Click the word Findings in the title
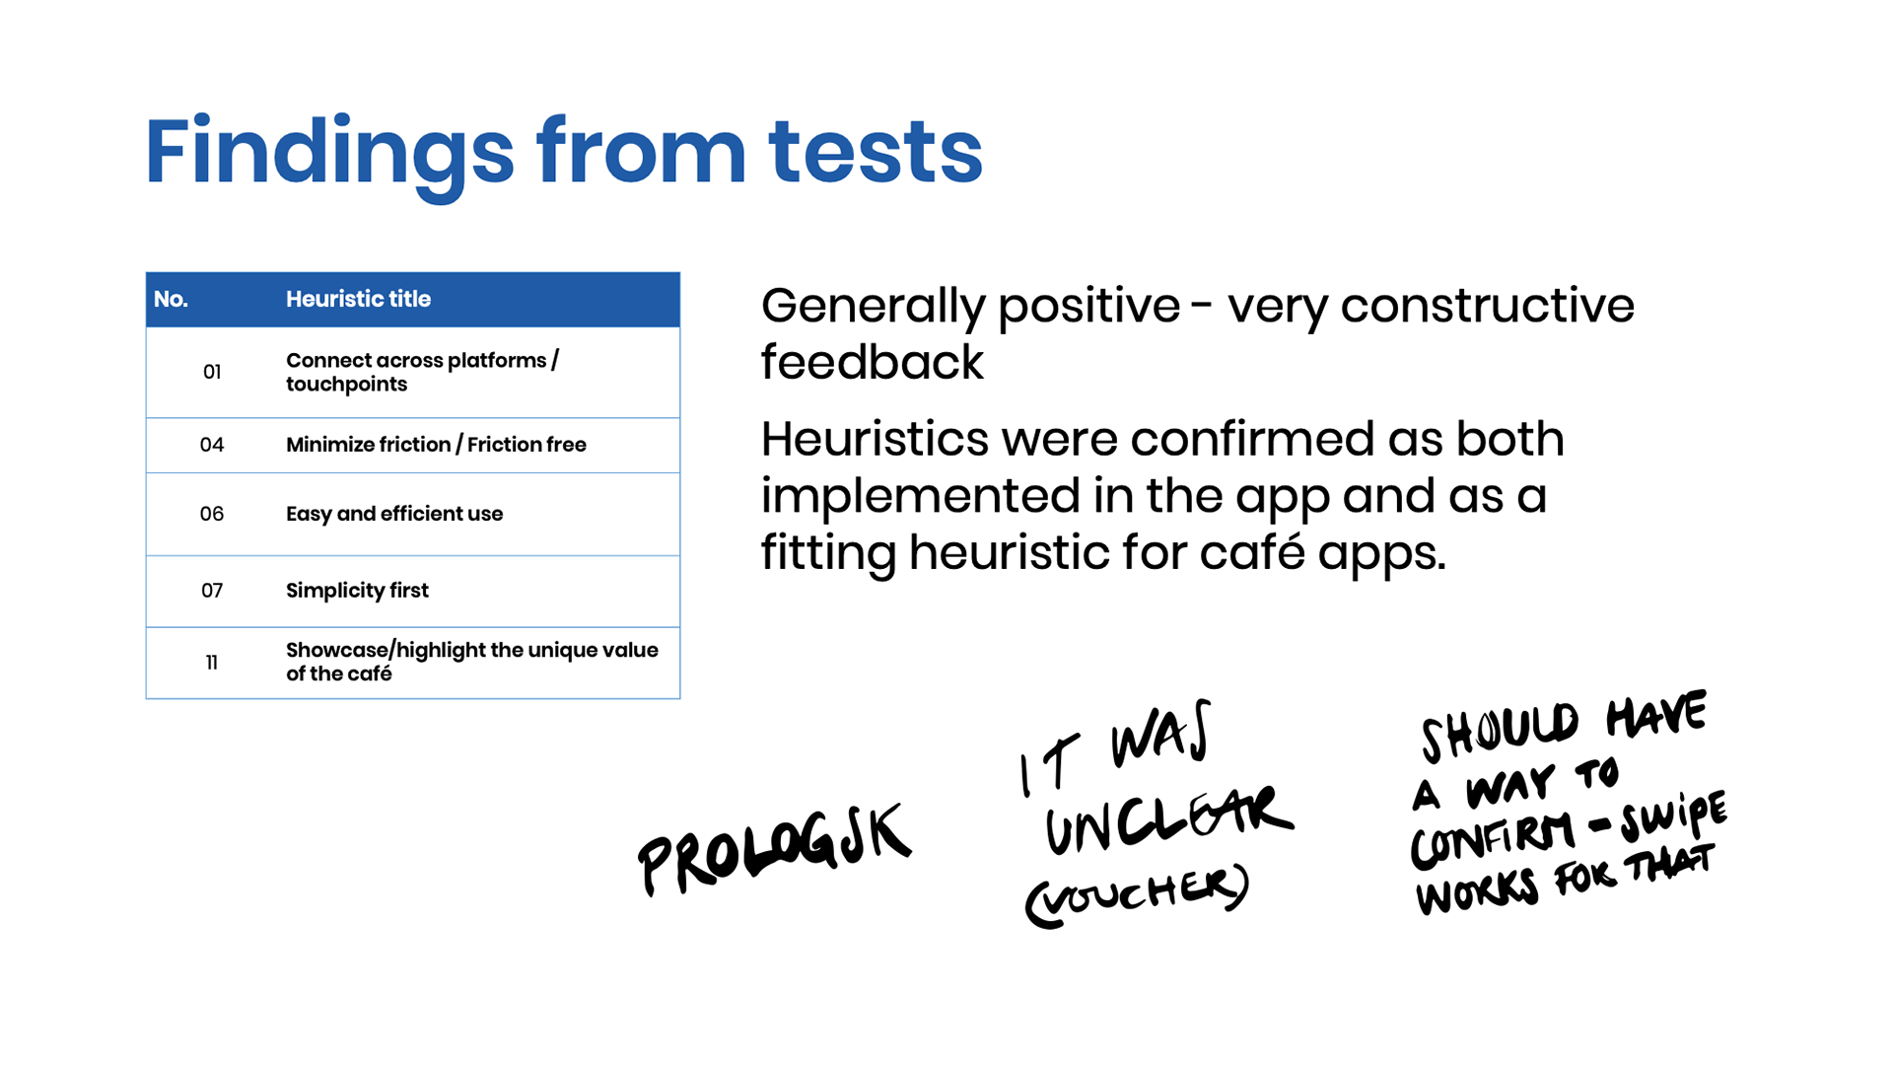pyautogui.click(x=329, y=153)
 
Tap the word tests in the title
pyautogui.click(x=876, y=153)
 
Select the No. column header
pyautogui.click(x=171, y=299)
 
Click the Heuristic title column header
pyautogui.click(x=358, y=299)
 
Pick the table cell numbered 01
pyautogui.click(x=212, y=372)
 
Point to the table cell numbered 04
pyautogui.click(x=212, y=445)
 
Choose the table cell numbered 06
pyautogui.click(x=212, y=514)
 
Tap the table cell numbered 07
pyautogui.click(x=212, y=591)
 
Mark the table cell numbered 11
pyautogui.click(x=212, y=663)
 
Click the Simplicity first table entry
pyautogui.click(x=357, y=591)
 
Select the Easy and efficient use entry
pyautogui.click(x=394, y=514)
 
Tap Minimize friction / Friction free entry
pyautogui.click(x=436, y=445)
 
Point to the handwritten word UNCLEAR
pyautogui.click(x=1168, y=818)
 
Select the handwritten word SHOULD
pyautogui.click(x=1500, y=731)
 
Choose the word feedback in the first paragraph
pyautogui.click(x=872, y=362)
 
